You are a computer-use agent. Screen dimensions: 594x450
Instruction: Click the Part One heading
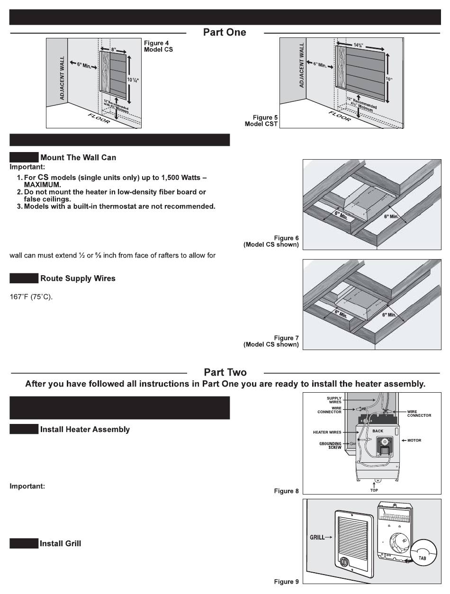tap(225, 32)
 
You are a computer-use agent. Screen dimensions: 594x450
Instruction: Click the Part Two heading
tap(225, 372)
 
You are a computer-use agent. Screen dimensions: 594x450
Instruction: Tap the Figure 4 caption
tap(158, 46)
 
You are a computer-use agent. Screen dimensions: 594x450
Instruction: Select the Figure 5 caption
tap(261, 121)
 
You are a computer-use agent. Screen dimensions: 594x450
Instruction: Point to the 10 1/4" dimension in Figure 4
tap(134, 79)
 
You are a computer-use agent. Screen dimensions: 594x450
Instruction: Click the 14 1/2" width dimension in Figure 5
tap(360, 45)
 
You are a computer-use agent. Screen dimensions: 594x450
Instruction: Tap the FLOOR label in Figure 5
tap(340, 116)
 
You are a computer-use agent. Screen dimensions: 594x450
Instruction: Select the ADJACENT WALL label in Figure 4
tap(62, 77)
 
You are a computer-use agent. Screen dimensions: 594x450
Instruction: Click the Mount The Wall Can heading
tap(78, 157)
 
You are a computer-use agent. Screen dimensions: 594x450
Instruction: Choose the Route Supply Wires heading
tap(78, 278)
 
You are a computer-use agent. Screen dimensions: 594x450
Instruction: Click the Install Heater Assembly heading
tap(85, 429)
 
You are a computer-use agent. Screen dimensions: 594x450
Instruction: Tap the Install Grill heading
tap(60, 543)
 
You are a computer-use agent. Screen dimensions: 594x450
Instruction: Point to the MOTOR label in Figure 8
tap(414, 441)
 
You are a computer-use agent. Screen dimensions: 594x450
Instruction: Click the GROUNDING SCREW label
tap(330, 446)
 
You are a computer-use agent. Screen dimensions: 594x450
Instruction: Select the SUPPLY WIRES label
tap(334, 400)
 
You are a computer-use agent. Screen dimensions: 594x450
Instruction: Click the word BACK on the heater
tap(378, 431)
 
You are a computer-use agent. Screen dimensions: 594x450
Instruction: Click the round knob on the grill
tap(344, 562)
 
